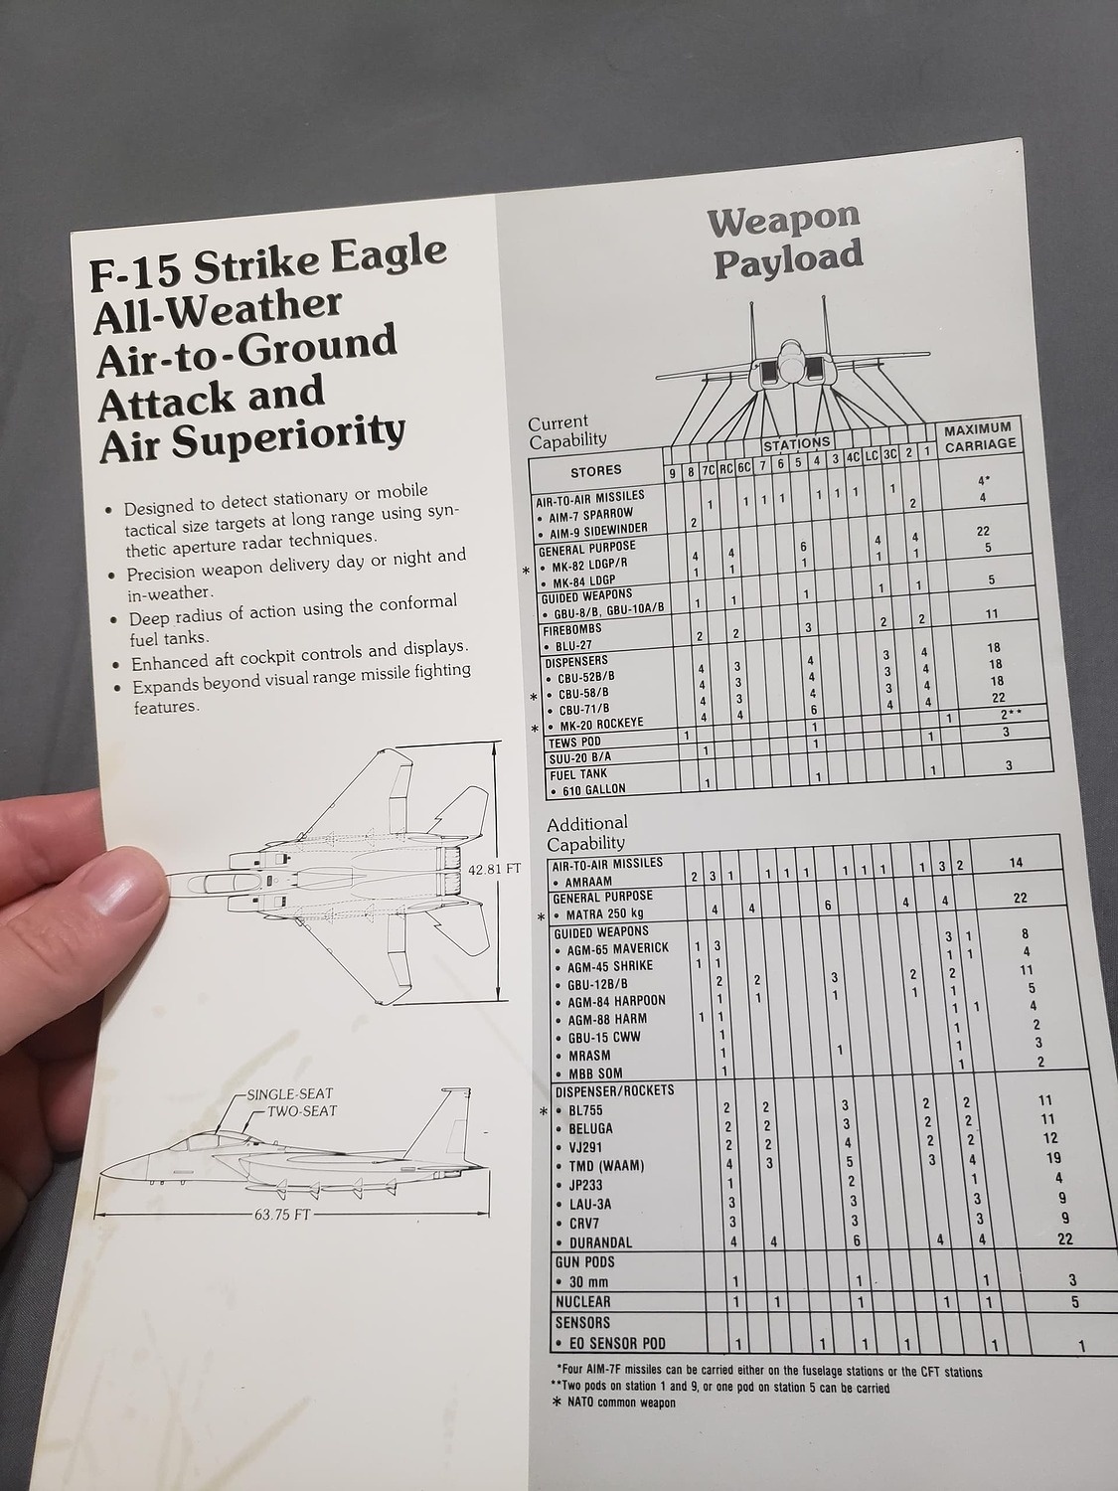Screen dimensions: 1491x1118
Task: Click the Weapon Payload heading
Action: [x=785, y=239]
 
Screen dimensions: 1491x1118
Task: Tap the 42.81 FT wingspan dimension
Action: [x=494, y=868]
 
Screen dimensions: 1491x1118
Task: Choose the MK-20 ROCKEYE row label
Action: [x=600, y=723]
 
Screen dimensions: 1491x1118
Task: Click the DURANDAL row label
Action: [x=600, y=1242]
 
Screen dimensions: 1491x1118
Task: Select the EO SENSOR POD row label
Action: [x=616, y=1344]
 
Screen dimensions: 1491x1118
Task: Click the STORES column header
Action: [x=596, y=470]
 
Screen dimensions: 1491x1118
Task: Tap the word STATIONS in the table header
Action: [x=796, y=442]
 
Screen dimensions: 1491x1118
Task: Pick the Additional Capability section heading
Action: [x=586, y=833]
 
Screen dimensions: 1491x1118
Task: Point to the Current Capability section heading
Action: [x=566, y=430]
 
